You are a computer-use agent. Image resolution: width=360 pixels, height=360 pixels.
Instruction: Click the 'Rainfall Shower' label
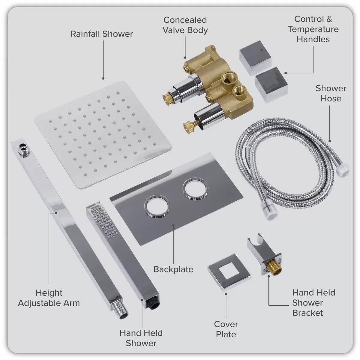pyautogui.click(x=102, y=34)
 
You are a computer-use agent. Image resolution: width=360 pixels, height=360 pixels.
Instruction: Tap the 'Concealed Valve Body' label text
pyautogui.click(x=185, y=25)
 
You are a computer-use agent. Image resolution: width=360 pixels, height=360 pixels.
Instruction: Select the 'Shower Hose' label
pyautogui.click(x=331, y=93)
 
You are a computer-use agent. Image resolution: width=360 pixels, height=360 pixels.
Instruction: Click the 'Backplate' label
pyautogui.click(x=173, y=269)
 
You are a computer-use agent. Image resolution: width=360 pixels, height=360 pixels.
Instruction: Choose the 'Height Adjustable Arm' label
pyautogui.click(x=49, y=298)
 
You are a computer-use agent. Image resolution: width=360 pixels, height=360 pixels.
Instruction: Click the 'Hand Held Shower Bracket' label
pyautogui.click(x=314, y=303)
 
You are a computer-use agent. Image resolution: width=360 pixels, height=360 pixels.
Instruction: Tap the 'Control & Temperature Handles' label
pyautogui.click(x=313, y=29)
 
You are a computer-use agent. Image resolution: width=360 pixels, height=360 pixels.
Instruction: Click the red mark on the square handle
pyautogui.click(x=261, y=50)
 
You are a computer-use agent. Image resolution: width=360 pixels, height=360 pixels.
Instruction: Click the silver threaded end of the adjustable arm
pyautogui.click(x=121, y=311)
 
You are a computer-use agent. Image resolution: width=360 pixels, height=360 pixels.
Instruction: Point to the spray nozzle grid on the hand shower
pyautogui.click(x=104, y=223)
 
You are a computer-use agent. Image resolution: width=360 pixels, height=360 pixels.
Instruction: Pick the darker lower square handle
pyautogui.click(x=271, y=85)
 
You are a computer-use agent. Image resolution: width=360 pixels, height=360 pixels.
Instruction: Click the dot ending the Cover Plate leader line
pyautogui.click(x=226, y=294)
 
